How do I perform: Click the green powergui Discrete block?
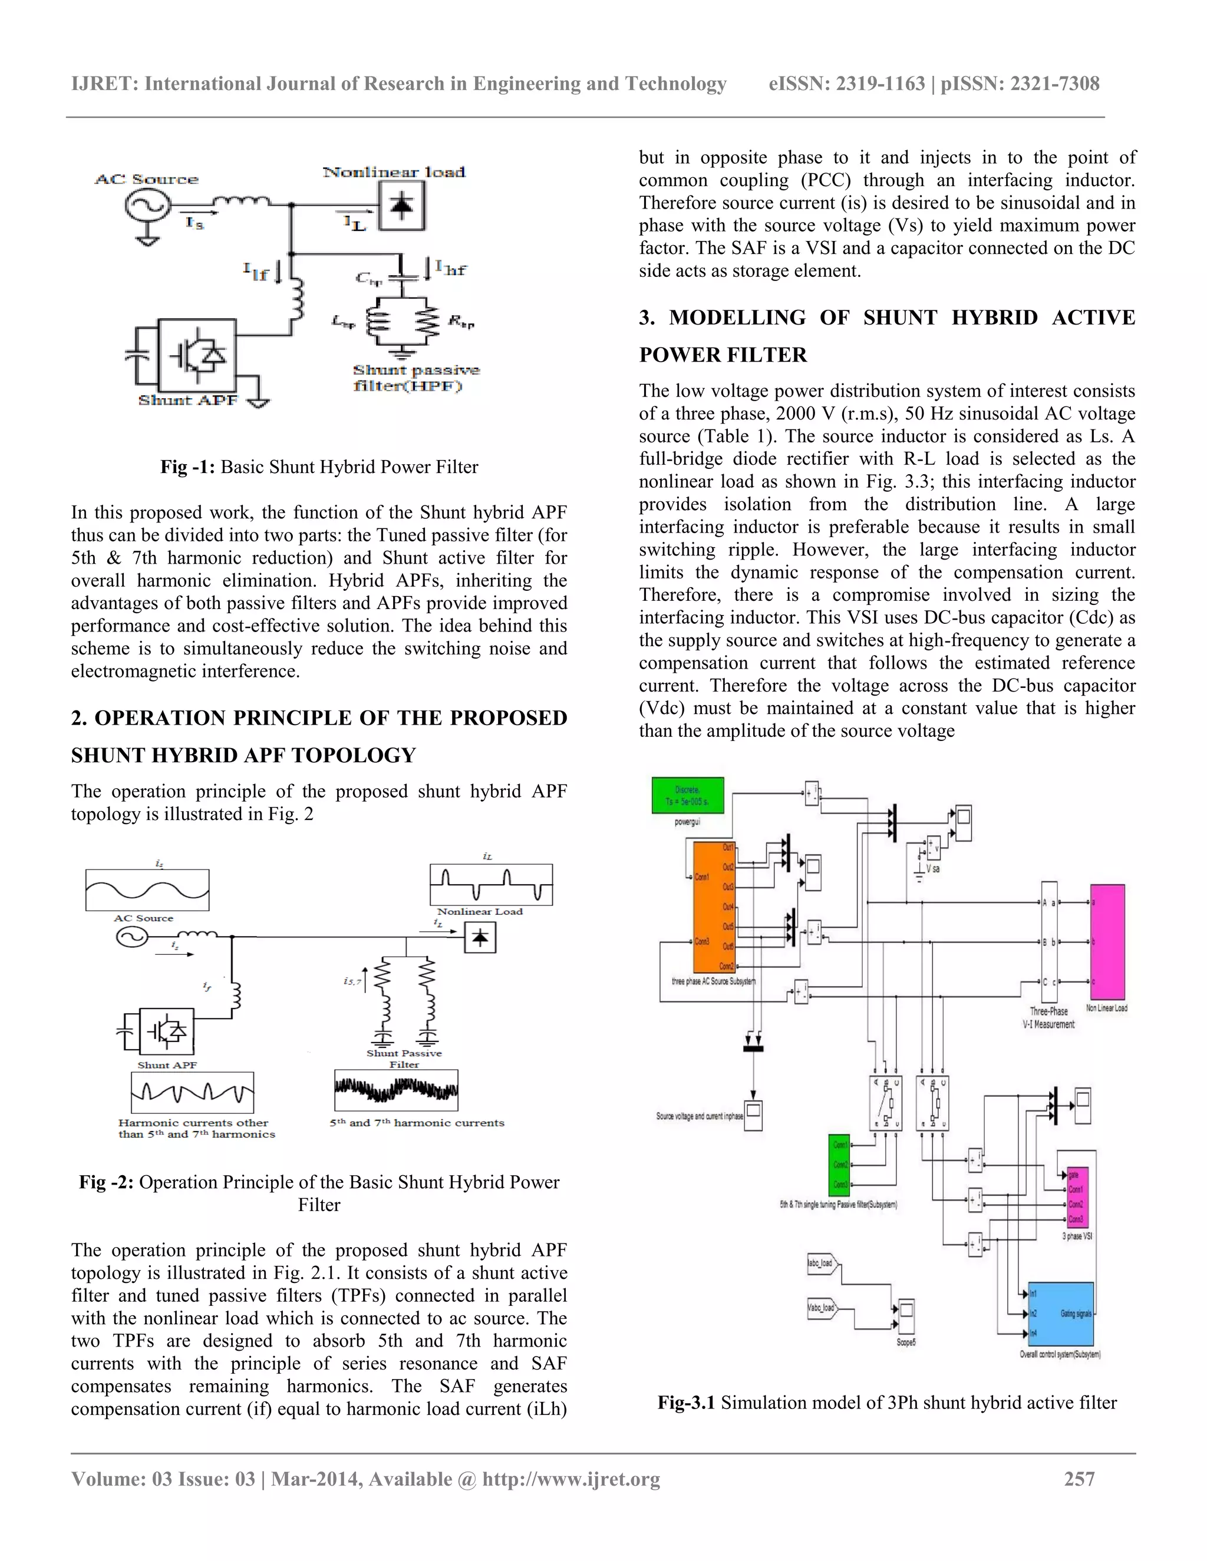(687, 795)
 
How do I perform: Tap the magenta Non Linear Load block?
(1107, 941)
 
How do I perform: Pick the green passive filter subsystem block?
(839, 1165)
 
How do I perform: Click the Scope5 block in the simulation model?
(906, 1317)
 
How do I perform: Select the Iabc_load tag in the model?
(822, 1263)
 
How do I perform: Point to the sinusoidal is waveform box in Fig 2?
(147, 890)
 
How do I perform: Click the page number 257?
(1079, 1479)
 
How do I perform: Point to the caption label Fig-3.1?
(687, 1403)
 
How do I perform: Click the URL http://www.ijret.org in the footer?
(570, 1479)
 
